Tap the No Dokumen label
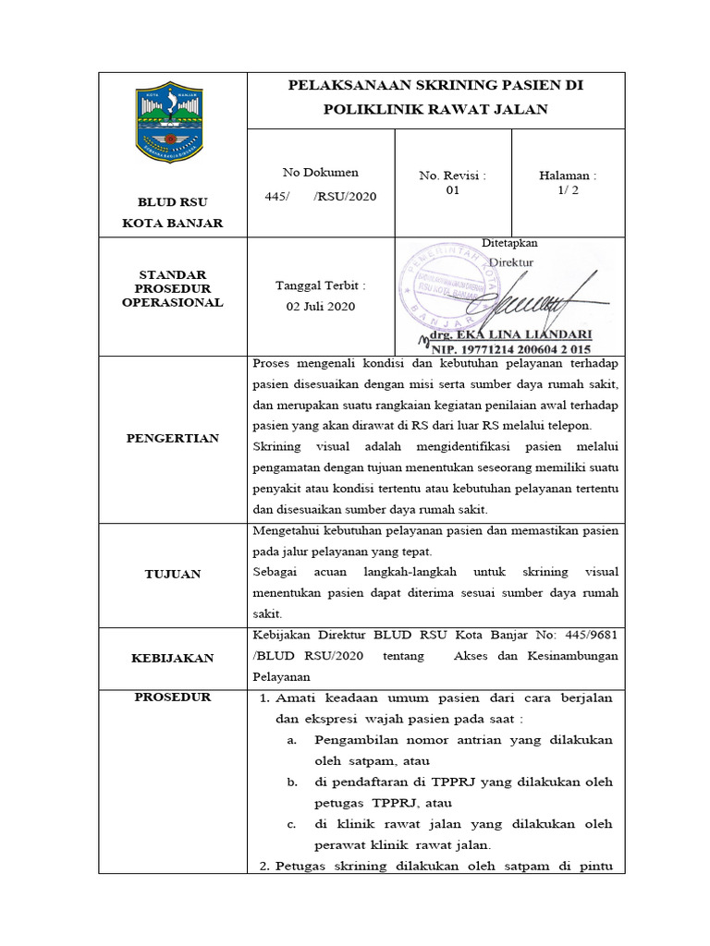click(320, 172)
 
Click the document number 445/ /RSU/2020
click(320, 197)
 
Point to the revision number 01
click(452, 190)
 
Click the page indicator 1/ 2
click(568, 190)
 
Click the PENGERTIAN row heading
click(172, 438)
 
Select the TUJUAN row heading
click(172, 574)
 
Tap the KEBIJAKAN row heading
click(172, 658)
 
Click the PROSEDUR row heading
click(172, 697)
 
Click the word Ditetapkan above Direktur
click(509, 243)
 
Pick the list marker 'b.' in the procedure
click(291, 782)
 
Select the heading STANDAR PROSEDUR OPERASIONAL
click(172, 289)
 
